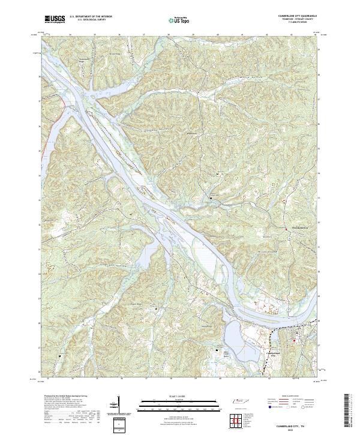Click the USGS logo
point(55,20)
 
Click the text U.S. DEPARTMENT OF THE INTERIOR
point(91,17)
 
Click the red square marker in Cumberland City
point(294,341)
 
